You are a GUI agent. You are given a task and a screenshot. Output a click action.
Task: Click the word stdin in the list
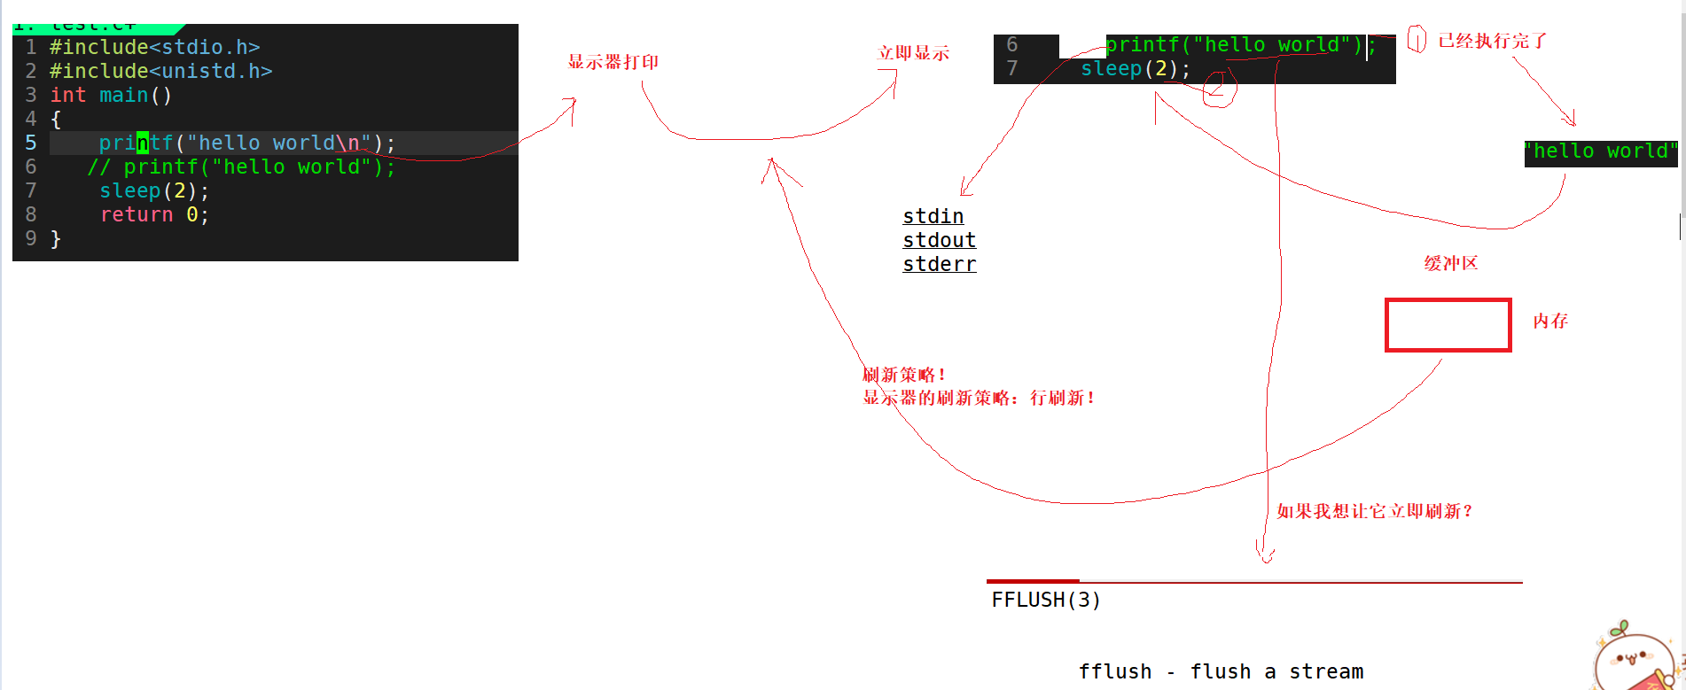[933, 216]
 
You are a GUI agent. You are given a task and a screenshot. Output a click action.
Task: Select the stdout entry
[939, 240]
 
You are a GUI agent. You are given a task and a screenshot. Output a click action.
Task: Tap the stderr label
[939, 264]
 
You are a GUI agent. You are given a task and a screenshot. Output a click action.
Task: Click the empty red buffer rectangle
[1448, 325]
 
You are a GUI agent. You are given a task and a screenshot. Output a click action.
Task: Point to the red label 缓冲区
[1450, 263]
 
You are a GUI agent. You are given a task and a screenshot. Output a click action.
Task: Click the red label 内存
[1550, 321]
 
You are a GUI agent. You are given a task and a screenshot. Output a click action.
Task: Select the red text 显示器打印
[613, 62]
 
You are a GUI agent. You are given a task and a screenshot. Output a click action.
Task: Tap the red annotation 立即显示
[913, 53]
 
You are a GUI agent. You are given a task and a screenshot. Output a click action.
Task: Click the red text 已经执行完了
[1492, 41]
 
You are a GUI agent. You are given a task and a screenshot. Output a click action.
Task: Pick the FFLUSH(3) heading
[1046, 600]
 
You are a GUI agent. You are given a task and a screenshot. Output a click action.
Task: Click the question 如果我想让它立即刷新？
[1375, 511]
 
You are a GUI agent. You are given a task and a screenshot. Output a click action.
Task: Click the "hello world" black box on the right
[1600, 151]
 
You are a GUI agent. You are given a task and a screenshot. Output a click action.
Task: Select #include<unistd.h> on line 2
[160, 71]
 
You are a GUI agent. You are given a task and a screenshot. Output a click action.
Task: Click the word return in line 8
[137, 214]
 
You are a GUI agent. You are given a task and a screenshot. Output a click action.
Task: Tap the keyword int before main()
[67, 95]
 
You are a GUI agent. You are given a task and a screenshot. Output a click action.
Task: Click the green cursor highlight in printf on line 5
[142, 143]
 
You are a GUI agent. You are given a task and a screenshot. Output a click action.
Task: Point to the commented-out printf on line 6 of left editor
[241, 167]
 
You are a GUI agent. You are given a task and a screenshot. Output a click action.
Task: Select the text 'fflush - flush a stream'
[1221, 671]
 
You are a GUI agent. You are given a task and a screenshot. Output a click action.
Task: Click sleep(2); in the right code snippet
[1135, 68]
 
